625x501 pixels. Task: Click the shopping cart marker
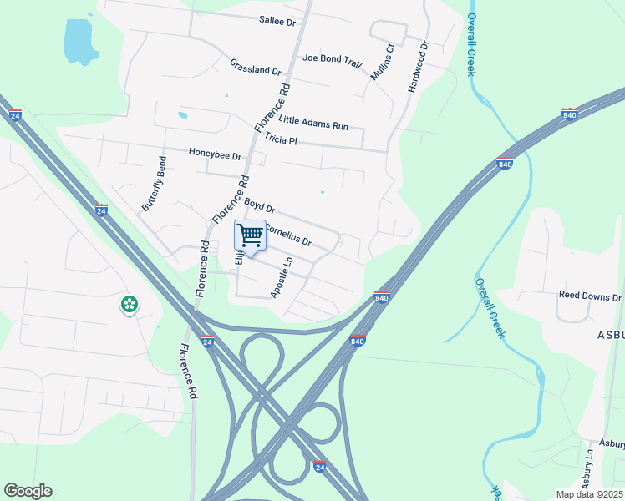click(250, 236)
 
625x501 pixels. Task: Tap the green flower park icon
click(130, 305)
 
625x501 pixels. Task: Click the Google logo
click(28, 491)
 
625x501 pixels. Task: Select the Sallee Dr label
click(277, 22)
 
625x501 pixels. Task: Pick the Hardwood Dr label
click(419, 67)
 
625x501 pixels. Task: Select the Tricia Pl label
click(281, 139)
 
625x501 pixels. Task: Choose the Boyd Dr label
click(259, 205)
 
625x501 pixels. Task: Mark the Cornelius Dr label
click(288, 234)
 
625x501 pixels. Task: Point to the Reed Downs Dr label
click(590, 296)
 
